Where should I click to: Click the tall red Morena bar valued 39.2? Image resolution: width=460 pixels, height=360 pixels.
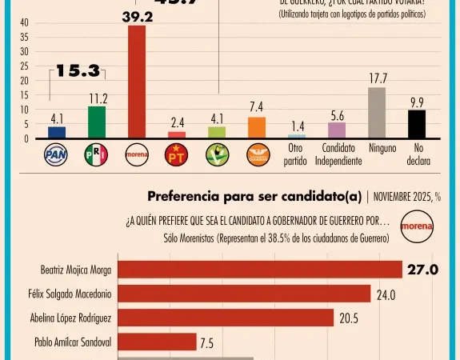tap(137, 82)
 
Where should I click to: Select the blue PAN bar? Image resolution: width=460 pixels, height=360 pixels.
tap(57, 132)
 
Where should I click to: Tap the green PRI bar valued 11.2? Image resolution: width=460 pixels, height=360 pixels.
tap(97, 122)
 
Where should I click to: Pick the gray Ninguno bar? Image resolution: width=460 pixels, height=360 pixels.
tap(376, 113)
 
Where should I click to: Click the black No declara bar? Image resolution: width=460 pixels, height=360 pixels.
tap(417, 124)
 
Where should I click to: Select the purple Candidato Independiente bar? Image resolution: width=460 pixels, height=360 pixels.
tap(337, 130)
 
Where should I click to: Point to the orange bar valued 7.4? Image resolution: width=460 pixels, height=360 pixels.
tap(257, 128)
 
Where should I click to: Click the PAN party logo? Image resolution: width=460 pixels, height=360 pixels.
tap(57, 155)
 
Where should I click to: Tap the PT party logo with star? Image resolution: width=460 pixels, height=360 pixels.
tap(176, 155)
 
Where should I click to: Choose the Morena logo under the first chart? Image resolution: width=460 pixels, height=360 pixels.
tap(137, 155)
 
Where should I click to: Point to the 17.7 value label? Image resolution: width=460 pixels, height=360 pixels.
tap(376, 78)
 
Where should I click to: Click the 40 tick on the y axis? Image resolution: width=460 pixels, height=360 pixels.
tap(24, 22)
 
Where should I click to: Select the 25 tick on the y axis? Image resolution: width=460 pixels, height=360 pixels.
tap(24, 66)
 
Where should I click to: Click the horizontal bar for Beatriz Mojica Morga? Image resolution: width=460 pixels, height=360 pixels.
tap(260, 270)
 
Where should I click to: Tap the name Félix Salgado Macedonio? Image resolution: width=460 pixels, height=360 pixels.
tap(75, 294)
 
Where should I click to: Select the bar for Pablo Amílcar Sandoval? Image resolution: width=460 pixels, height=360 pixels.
tap(157, 342)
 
